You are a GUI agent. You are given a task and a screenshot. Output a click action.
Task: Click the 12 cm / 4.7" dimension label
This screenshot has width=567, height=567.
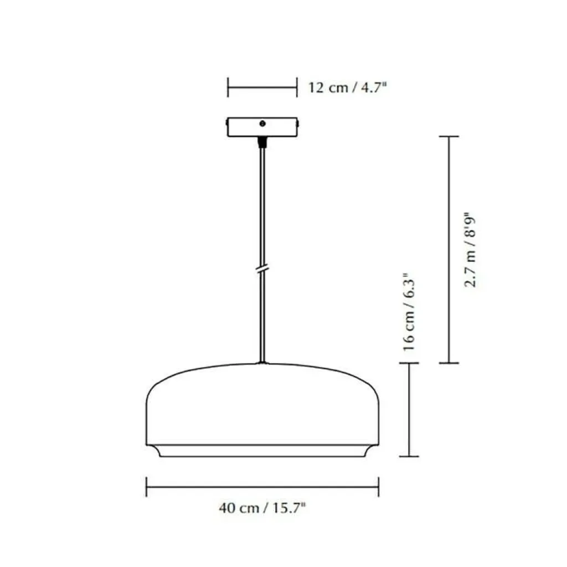(x=347, y=87)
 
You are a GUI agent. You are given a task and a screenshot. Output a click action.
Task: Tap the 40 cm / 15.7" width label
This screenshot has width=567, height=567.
(x=262, y=508)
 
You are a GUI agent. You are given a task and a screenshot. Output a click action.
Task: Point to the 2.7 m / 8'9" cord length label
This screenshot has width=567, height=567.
(x=470, y=252)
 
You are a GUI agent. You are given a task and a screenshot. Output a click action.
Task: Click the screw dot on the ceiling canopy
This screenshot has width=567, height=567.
(x=262, y=123)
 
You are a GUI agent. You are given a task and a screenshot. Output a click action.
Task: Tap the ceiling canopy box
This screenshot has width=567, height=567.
(x=262, y=127)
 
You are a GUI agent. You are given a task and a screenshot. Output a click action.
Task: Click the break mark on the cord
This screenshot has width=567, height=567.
(x=262, y=269)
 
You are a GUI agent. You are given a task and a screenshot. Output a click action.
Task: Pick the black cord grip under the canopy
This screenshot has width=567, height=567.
(x=262, y=142)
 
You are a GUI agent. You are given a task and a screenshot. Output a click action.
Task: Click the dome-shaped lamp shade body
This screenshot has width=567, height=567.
(x=262, y=404)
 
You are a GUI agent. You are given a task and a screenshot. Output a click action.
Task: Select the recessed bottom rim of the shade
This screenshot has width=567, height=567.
(x=262, y=451)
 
